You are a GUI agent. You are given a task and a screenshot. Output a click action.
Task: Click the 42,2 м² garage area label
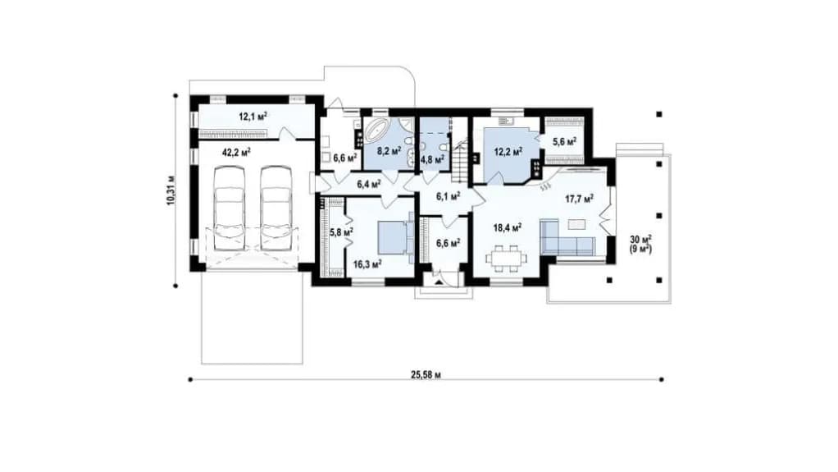pos(236,153)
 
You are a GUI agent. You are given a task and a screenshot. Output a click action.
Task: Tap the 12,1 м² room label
pos(253,116)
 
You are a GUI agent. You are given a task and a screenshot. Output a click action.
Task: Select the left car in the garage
pos(230,209)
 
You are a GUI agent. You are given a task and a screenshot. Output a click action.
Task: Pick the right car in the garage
pos(277,209)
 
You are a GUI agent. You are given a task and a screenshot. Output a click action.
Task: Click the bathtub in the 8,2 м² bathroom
pos(379,130)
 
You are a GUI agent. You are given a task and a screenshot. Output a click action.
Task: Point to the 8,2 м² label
pos(389,151)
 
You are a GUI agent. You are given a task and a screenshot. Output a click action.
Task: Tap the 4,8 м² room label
pos(432,159)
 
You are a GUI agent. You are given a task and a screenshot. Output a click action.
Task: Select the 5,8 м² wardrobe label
pos(341,231)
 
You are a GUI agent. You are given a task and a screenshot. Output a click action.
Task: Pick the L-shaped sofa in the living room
pos(567,237)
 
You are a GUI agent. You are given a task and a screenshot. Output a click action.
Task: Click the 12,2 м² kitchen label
pos(508,152)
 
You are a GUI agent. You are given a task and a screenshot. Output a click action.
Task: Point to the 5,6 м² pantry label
pos(564,142)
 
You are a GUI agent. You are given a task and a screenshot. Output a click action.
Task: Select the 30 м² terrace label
pos(640,239)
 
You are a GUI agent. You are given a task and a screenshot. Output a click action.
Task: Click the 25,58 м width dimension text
pos(426,374)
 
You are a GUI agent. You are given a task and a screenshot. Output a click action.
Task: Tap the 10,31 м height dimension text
pos(171,190)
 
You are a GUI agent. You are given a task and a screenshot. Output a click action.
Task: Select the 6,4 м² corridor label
pos(369,185)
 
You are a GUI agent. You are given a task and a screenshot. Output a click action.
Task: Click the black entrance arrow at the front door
pos(439,282)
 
